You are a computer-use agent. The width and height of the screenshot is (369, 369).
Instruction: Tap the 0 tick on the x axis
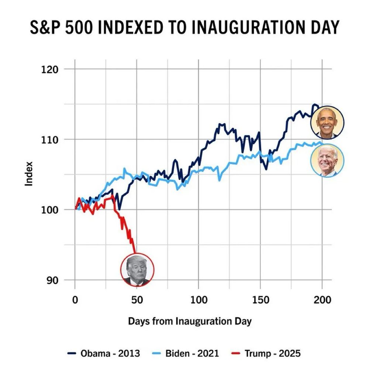coord(75,300)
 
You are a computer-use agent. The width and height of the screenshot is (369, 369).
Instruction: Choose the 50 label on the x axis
coord(137,300)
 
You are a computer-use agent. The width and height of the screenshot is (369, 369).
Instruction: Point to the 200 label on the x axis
coord(322,300)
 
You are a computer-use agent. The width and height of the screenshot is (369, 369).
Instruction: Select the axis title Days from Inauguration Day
coord(190,321)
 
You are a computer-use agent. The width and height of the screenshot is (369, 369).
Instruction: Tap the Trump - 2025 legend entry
coord(267,354)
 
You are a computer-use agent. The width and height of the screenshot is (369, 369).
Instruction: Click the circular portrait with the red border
coord(137,270)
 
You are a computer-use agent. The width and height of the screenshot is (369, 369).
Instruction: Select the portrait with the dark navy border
coord(327,122)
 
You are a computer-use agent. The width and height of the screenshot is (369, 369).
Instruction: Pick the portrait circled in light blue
coord(327,161)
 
